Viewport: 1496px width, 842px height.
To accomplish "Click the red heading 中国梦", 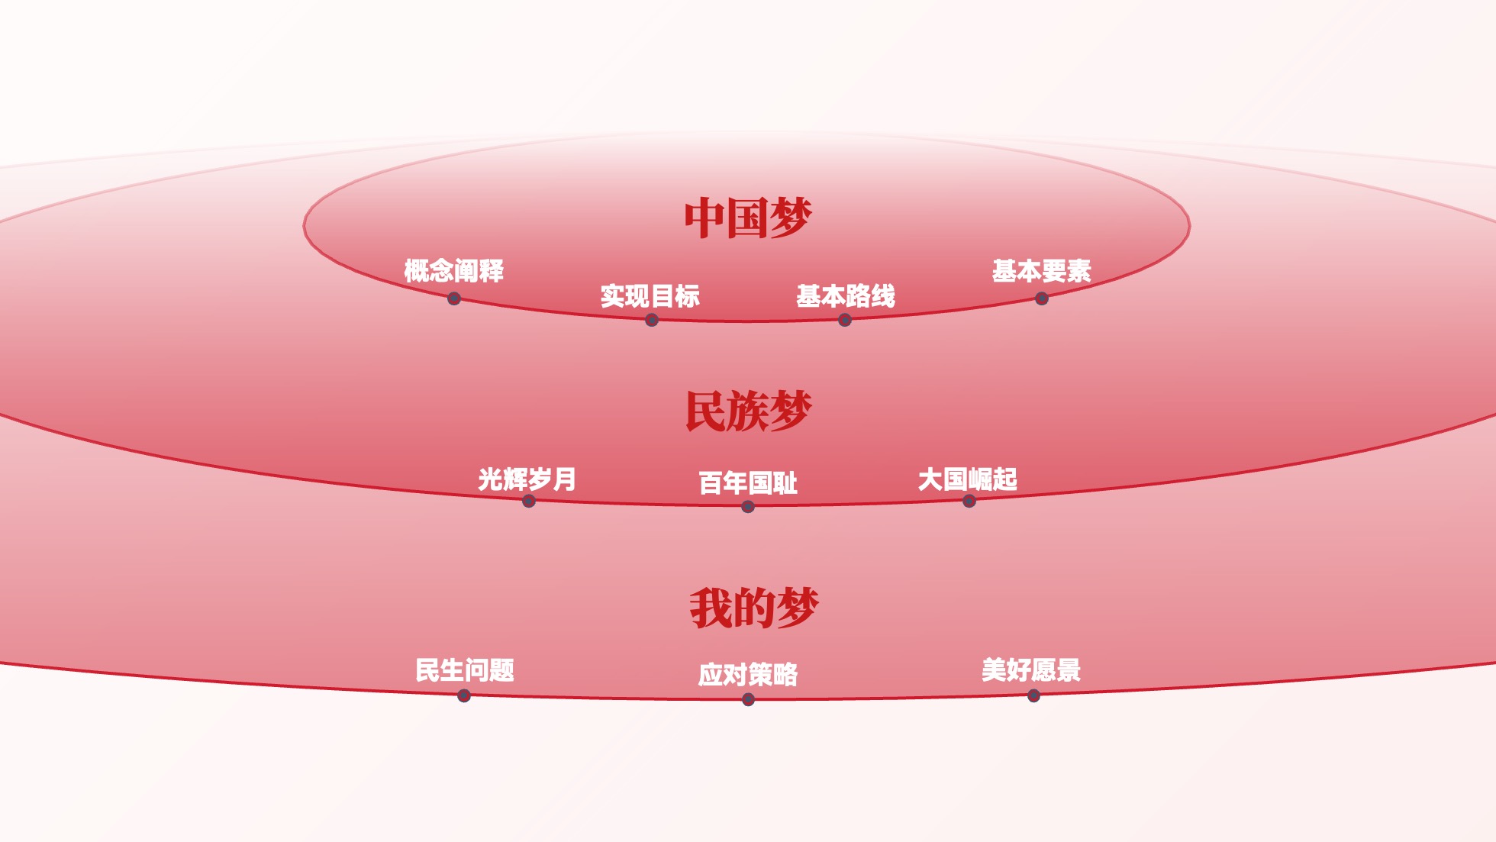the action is point(748,218).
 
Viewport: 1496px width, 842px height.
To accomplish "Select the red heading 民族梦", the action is point(748,411).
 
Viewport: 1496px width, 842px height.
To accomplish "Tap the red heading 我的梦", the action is point(754,608).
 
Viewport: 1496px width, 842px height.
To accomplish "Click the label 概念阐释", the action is point(454,271).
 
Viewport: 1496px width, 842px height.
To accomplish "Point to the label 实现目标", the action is point(650,296).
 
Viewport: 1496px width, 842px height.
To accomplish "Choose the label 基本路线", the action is point(846,296).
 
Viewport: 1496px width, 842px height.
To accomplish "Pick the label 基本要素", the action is point(1042,271).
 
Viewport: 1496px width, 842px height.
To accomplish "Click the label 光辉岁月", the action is point(527,479).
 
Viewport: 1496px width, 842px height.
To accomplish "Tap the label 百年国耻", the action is point(748,483).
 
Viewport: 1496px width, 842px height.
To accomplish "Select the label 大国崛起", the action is point(968,479).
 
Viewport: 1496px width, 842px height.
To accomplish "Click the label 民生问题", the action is point(465,670).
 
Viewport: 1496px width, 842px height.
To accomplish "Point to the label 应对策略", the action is point(748,675).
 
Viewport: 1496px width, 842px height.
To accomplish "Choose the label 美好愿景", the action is point(1031,670).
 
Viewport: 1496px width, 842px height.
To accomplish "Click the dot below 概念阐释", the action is point(454,298).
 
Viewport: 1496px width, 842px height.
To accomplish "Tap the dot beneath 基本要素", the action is point(1042,298).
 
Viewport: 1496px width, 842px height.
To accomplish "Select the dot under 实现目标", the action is point(652,320).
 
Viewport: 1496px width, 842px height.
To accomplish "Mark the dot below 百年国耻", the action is point(748,507).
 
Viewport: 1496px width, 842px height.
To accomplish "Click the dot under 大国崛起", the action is point(969,501).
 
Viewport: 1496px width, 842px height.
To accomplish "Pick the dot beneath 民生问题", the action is point(464,695).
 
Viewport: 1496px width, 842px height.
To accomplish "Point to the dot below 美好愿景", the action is point(1033,695).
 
